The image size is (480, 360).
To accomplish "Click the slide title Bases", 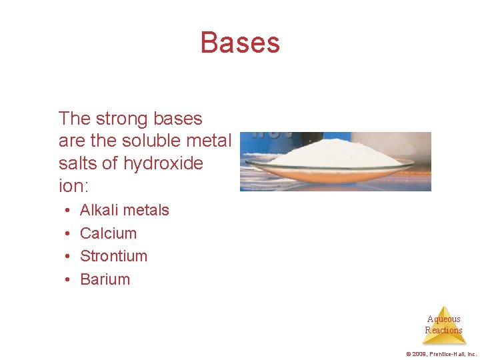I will tap(240, 43).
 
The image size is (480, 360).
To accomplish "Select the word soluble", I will tap(138, 141).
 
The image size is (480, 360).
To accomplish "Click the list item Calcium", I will tap(108, 233).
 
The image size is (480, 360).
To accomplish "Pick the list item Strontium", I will tap(113, 256).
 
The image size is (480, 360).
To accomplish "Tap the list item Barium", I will tap(105, 279).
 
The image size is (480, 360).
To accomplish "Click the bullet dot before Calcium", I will tap(69, 234).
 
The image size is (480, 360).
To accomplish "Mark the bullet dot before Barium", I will tap(69, 280).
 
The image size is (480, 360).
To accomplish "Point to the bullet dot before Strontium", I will tap(69, 257).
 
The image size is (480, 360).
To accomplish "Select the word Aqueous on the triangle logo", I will tap(443, 319).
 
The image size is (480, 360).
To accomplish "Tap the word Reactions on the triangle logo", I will tap(443, 330).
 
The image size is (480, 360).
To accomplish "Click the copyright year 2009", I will tap(417, 354).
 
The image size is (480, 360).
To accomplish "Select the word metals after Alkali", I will tap(148, 210).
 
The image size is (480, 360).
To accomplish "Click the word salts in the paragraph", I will tap(76, 163).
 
